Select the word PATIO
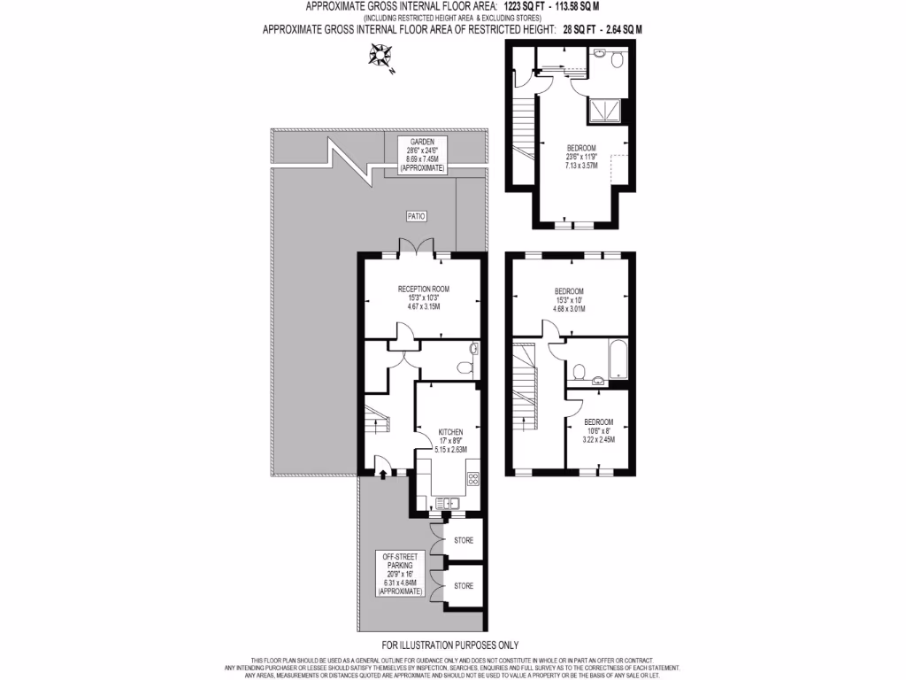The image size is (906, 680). point(417,215)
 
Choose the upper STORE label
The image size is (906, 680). point(463,540)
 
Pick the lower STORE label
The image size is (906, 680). point(463,586)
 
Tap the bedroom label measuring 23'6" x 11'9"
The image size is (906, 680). point(581,156)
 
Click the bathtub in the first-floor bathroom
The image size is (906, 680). point(616,361)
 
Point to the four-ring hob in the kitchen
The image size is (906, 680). point(472,479)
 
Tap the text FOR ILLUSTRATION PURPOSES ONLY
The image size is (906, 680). point(449,645)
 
